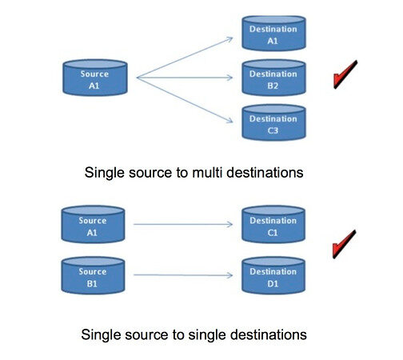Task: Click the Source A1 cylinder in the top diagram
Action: pos(94,77)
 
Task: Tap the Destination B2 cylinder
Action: pos(275,78)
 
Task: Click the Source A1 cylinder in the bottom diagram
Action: pos(94,224)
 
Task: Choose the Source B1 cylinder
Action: pos(94,275)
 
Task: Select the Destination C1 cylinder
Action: pos(275,225)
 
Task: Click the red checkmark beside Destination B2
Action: pos(345,78)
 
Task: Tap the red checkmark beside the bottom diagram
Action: pos(345,243)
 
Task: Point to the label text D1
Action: pos(275,282)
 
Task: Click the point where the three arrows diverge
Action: pos(138,78)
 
